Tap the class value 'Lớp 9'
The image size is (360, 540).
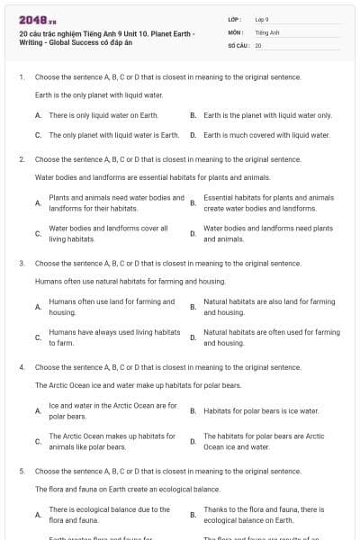click(262, 19)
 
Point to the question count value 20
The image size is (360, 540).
click(258, 44)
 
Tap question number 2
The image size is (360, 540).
click(21, 158)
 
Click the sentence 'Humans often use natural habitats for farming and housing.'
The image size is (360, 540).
click(117, 282)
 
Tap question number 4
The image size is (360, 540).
click(21, 367)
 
